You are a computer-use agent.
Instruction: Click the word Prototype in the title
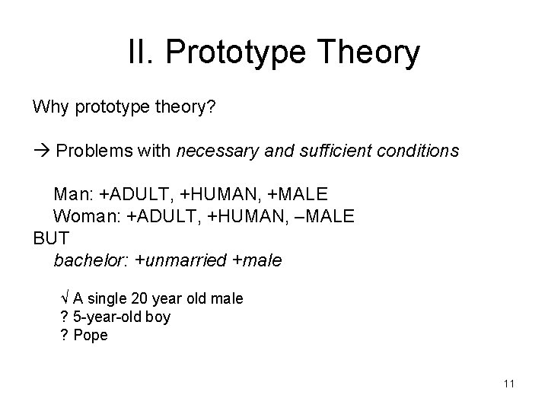[x=243, y=54]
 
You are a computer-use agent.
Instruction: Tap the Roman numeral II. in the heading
[x=143, y=54]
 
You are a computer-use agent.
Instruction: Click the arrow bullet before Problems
[x=41, y=151]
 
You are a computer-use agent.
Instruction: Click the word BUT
[x=51, y=238]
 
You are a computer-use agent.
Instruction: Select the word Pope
[x=91, y=335]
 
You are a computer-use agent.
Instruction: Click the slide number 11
[x=508, y=384]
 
